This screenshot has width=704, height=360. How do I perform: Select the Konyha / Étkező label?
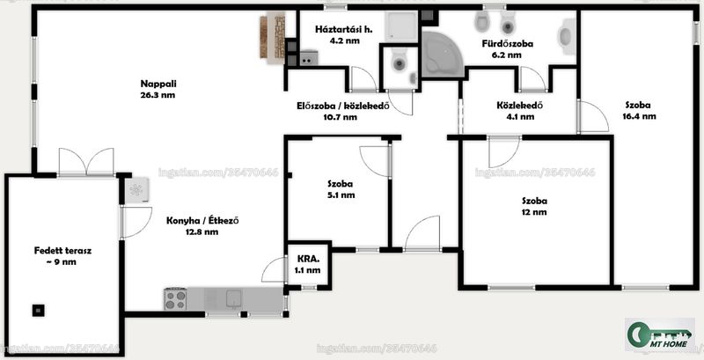coord(202,220)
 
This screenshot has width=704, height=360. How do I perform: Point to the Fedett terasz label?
coord(62,251)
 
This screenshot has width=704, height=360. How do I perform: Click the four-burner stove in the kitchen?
coord(175,299)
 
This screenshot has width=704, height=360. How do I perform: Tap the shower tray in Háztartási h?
coord(401,27)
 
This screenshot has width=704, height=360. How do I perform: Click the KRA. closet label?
coord(309,259)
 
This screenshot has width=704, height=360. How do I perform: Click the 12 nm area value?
coord(534,212)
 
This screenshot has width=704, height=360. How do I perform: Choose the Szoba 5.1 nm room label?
coord(340,189)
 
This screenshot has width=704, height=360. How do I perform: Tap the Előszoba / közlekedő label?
coord(342,107)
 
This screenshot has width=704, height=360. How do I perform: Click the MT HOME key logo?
coord(659,334)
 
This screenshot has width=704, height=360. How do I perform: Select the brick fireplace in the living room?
coord(273,37)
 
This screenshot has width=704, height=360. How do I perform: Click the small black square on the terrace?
coord(38,310)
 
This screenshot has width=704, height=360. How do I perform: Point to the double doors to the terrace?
coord(86,162)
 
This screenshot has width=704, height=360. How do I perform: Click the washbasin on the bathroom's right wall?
coord(566,36)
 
